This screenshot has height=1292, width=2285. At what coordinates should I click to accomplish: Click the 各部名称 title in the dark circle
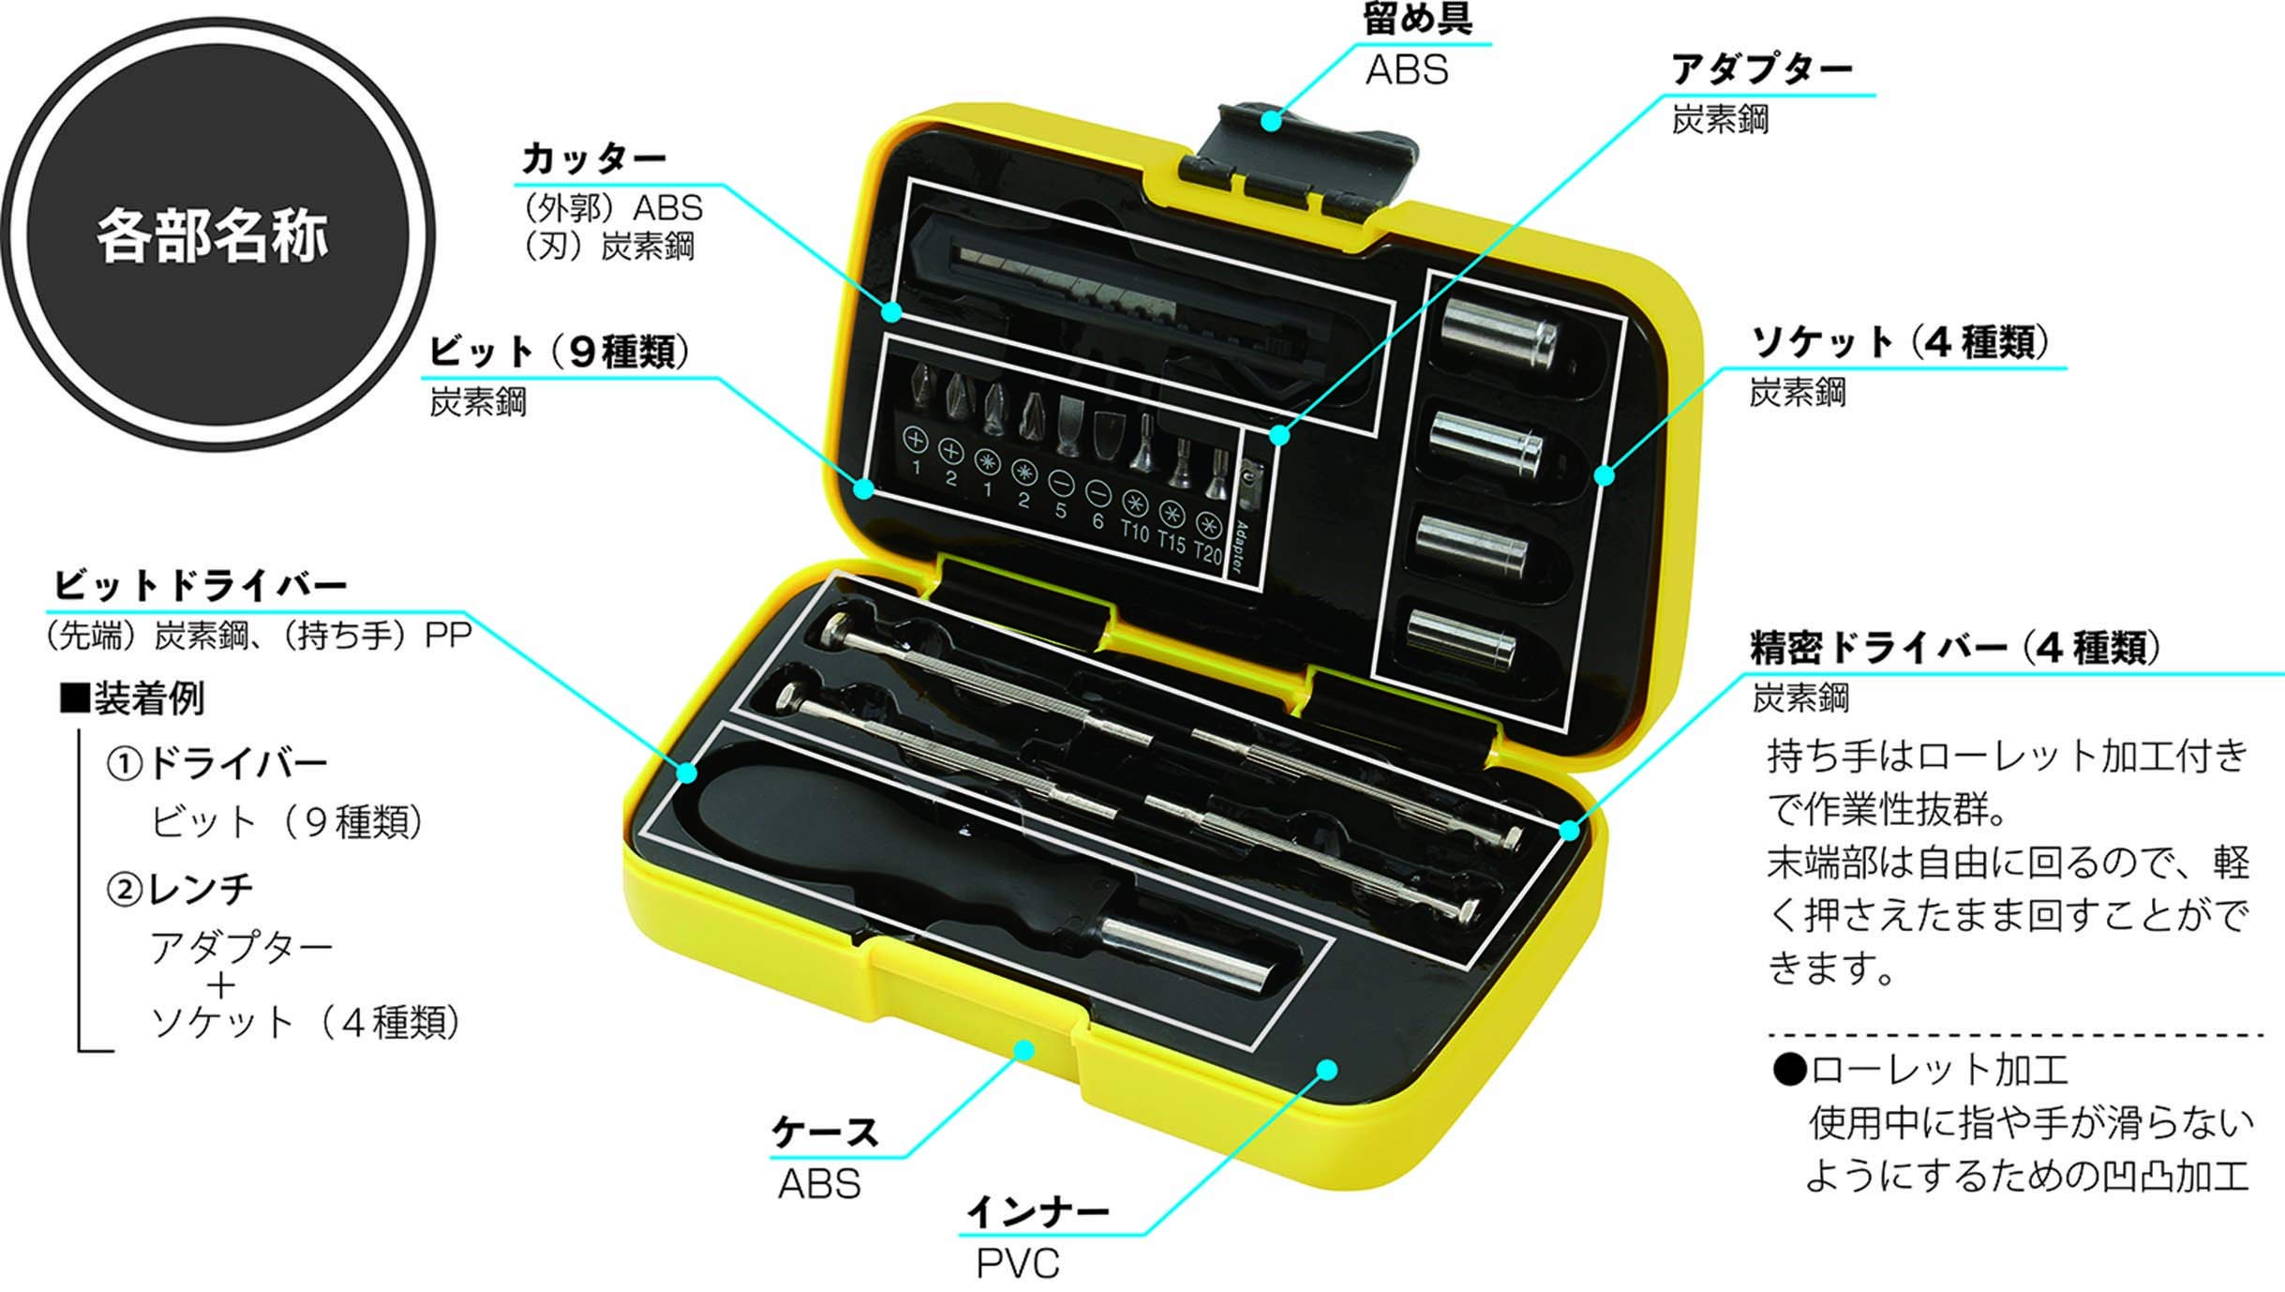point(213,234)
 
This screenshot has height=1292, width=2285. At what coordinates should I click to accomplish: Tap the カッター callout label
point(593,158)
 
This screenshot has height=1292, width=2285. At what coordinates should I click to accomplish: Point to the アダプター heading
point(1762,69)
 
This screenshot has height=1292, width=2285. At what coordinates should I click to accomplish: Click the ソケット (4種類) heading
point(1899,343)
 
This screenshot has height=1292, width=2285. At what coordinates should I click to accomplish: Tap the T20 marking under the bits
point(1208,553)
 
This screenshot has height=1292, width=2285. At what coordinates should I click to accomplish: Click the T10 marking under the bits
point(1134,532)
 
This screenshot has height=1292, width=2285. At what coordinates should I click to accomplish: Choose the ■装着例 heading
point(131,699)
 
